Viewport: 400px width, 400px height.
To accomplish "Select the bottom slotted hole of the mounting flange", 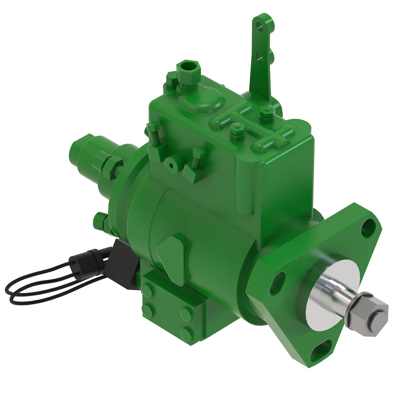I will point(321,352).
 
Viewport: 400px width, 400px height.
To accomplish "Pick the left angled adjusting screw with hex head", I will point(154,133).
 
